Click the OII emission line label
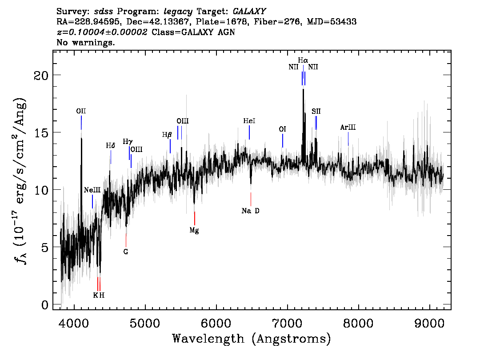(81, 111)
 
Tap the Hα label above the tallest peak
(303, 60)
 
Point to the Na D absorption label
(250, 211)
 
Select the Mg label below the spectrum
(194, 230)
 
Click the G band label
(126, 252)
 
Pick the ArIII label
(348, 128)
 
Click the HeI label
(249, 121)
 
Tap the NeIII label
(92, 190)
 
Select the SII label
(316, 111)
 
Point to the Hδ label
(111, 146)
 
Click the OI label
(282, 129)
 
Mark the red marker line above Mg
(195, 218)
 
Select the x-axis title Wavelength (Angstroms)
(252, 339)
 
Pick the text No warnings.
(86, 43)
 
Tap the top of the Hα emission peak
(303, 90)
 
